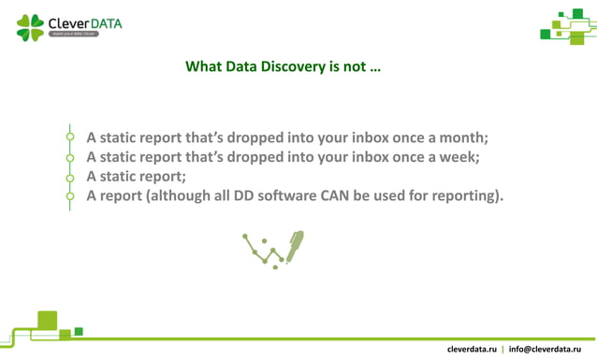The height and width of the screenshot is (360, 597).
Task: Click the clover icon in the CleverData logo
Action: coord(30,27)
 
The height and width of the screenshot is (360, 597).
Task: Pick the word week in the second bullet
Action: coord(458,157)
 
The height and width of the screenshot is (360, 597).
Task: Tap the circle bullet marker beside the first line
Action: coord(70,137)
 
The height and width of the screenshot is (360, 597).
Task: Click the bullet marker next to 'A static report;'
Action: coord(70,177)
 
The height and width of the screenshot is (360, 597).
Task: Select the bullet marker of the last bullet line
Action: coord(70,196)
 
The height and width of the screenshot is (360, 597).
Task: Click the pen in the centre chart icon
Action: coord(294,246)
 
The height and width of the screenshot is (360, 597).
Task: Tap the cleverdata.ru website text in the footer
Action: coord(472,349)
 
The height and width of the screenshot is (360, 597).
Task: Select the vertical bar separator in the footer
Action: coord(502,349)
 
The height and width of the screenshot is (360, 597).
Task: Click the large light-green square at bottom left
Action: coord(47,320)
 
